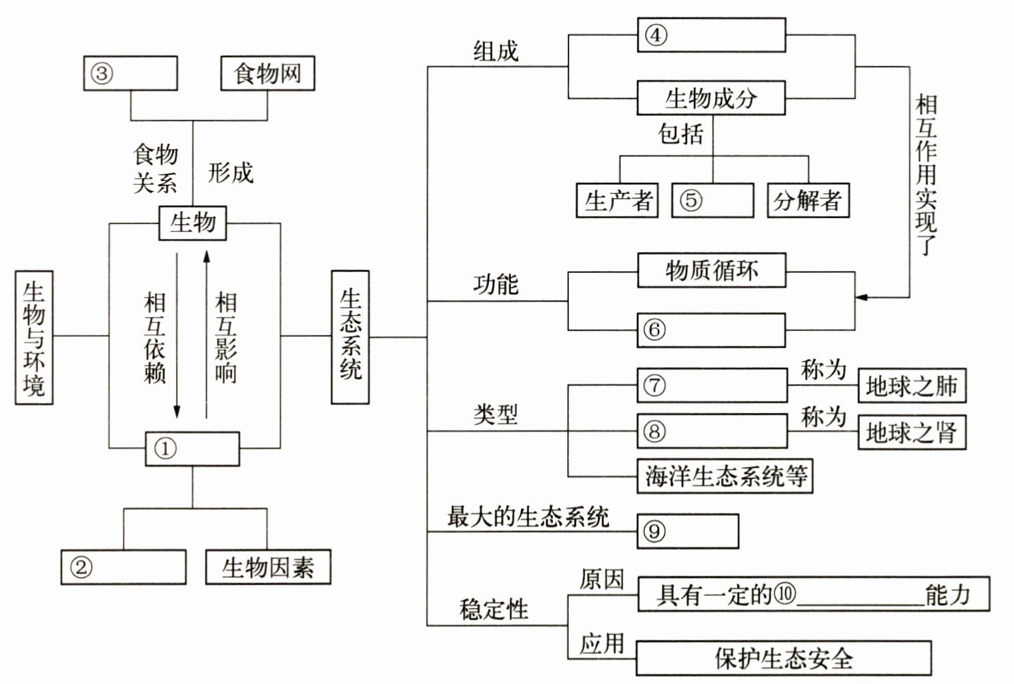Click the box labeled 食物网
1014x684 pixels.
point(268,73)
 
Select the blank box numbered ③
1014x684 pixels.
point(130,73)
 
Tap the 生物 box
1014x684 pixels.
point(192,223)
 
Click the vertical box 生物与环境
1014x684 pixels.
point(34,338)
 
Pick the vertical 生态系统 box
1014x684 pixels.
point(350,337)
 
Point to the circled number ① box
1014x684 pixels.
point(192,448)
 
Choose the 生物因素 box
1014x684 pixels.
point(268,567)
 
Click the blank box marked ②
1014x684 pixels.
point(123,567)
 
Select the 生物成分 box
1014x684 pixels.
point(711,98)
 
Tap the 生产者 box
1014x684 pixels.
point(617,201)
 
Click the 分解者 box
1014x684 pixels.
point(808,201)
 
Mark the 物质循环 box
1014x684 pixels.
point(712,270)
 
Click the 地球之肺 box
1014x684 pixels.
point(912,386)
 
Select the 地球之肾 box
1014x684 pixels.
point(912,432)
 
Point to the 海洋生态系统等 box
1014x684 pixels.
point(724,476)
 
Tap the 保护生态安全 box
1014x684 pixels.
point(784,658)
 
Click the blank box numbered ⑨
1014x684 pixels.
point(688,531)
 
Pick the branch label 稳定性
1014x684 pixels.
point(494,609)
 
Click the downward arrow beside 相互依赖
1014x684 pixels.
point(177,336)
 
